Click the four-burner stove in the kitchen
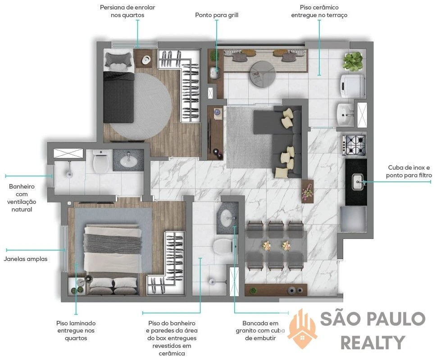354,145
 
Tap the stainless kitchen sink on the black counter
357,182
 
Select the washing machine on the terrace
353,85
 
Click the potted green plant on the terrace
353,62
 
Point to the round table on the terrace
263,74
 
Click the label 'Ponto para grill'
217,15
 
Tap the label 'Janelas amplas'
26,259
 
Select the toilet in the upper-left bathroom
100,162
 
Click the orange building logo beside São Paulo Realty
303,328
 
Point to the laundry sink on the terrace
345,114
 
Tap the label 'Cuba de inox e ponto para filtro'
409,171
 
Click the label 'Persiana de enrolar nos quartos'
127,11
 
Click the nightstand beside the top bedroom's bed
143,58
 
